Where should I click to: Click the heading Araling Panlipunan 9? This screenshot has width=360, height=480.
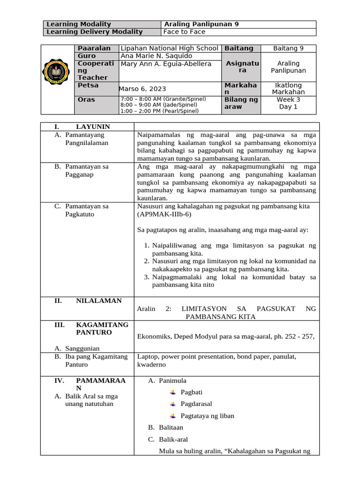coord(200,24)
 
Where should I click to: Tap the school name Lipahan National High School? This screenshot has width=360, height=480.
coord(169,48)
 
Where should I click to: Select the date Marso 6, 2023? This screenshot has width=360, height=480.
coord(142,89)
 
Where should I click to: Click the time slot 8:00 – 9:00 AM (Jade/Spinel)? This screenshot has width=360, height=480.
coord(152,105)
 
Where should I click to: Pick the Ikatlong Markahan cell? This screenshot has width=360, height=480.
coord(288,89)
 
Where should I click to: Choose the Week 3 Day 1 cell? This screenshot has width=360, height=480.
coord(288,103)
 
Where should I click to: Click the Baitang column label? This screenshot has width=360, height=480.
coord(239,48)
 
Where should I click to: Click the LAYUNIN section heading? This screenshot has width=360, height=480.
coord(93,127)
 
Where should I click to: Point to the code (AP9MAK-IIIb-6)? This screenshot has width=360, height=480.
coord(164,214)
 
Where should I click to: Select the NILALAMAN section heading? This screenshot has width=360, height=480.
coord(98,300)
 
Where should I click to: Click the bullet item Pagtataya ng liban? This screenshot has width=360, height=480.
coord(207,416)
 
